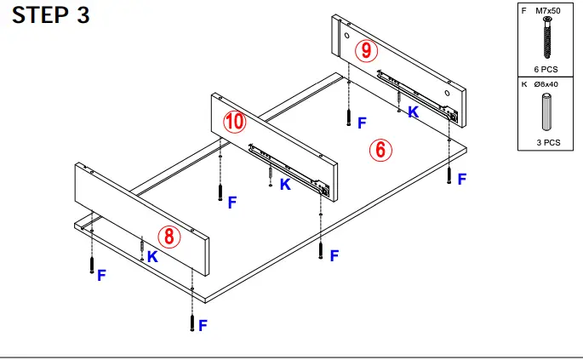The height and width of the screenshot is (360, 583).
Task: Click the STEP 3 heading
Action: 50,16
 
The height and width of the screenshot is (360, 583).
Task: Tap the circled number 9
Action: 366,51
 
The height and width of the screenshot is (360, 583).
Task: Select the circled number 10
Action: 234,123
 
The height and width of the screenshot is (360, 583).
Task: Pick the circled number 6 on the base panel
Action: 380,151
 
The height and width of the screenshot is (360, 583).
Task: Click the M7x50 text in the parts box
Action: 551,11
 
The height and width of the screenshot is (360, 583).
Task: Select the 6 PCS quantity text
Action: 546,68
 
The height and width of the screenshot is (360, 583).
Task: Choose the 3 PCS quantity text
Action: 547,142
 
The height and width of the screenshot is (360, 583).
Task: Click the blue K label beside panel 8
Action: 151,256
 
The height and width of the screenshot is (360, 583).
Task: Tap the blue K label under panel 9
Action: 413,111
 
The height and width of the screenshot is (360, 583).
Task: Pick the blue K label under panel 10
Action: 284,184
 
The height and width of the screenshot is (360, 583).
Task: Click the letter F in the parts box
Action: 524,11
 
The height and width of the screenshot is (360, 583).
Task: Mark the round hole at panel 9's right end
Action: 448,90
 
